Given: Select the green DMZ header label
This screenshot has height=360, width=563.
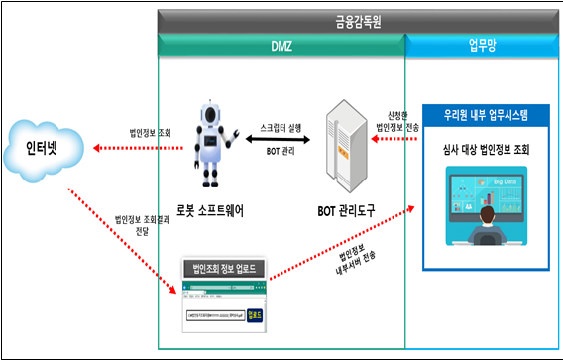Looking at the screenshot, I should [x=281, y=44].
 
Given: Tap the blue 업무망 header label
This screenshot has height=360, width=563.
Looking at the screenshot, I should [x=482, y=44].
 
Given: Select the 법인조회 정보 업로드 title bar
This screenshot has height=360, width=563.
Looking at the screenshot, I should [x=222, y=267].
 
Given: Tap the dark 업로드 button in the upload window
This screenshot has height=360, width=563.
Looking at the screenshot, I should [x=255, y=318].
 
